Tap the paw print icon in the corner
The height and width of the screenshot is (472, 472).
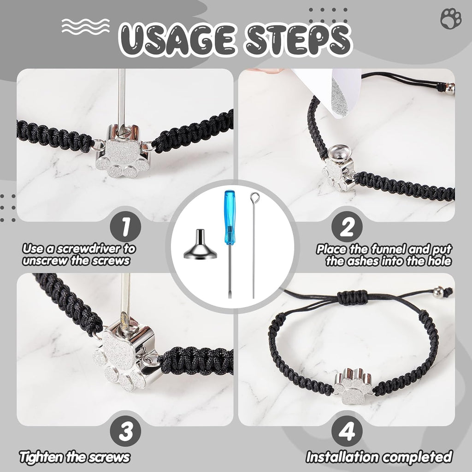[451, 18]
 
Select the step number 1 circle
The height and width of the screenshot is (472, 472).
[125, 226]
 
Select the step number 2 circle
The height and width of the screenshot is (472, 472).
[347, 226]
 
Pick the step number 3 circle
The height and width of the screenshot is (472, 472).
[125, 431]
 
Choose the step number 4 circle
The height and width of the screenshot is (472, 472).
[347, 431]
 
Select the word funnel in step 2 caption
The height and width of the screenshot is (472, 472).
[387, 249]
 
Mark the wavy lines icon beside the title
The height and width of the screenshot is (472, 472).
[85, 26]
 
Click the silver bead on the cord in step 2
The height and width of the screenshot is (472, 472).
[450, 88]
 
